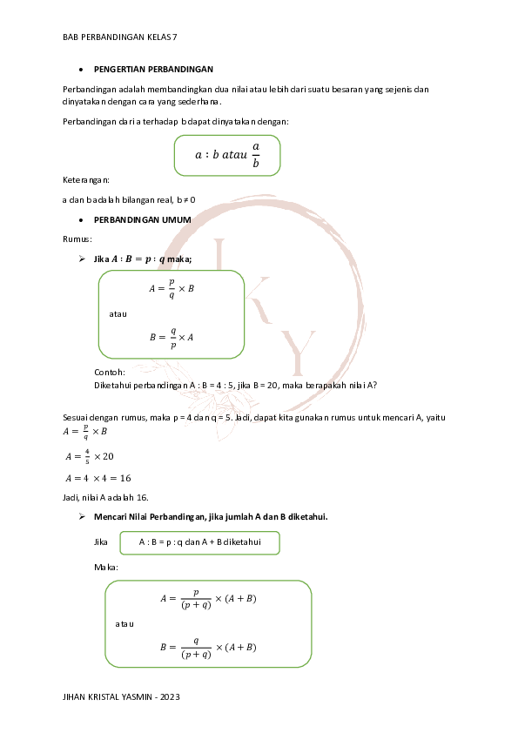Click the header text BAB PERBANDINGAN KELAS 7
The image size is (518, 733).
pos(120,37)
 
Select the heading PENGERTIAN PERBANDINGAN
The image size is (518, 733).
pos(153,68)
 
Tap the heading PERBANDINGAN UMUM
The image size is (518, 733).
pos(142,220)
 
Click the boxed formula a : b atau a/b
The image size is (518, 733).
pos(227,154)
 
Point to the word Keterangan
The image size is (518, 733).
pos(86,179)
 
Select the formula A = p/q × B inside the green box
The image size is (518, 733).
pos(171,288)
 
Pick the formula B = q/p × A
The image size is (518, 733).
pos(171,337)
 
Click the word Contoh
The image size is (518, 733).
pos(110,372)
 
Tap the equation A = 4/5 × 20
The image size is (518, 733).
pos(90,456)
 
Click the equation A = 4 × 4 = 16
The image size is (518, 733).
pos(98,477)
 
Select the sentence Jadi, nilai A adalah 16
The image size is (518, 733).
pos(106,497)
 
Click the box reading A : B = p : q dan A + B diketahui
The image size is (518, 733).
pos(199,542)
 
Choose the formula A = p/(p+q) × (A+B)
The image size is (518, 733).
pos(208,599)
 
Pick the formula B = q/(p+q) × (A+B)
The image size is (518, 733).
pos(208,648)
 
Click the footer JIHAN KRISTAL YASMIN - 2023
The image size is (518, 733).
pos(122,698)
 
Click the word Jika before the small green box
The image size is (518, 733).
pos(101,542)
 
